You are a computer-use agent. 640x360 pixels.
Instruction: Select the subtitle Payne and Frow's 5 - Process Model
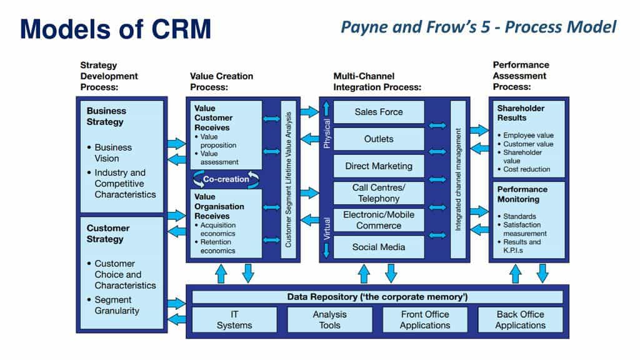(479, 27)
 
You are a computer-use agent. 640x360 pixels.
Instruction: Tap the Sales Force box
(379, 112)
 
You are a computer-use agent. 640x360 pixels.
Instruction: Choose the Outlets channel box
(379, 139)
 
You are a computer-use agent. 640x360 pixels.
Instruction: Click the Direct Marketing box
(379, 166)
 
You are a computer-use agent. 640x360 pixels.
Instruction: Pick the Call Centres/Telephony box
(379, 193)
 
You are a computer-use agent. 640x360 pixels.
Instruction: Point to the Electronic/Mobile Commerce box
(379, 220)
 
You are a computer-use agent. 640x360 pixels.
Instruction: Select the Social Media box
(379, 247)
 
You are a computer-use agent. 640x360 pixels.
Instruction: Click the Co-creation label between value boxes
(226, 179)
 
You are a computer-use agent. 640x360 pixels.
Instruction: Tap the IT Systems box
(234, 319)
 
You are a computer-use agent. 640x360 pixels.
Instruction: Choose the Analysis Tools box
(329, 319)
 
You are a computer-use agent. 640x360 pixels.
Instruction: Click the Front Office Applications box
(425, 319)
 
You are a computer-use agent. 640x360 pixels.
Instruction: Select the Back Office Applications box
(520, 319)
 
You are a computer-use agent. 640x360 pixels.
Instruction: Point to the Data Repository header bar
(377, 296)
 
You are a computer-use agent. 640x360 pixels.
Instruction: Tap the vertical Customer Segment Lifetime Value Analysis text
(288, 179)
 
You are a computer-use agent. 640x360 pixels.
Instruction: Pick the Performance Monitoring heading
(522, 194)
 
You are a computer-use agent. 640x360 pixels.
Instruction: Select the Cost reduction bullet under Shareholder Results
(527, 169)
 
